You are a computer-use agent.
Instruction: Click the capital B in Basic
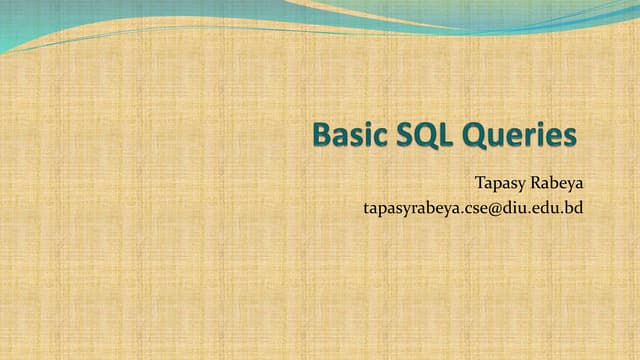pos(321,135)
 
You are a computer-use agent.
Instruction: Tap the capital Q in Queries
pos(477,135)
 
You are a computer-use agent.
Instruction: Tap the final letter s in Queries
pos(570,137)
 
